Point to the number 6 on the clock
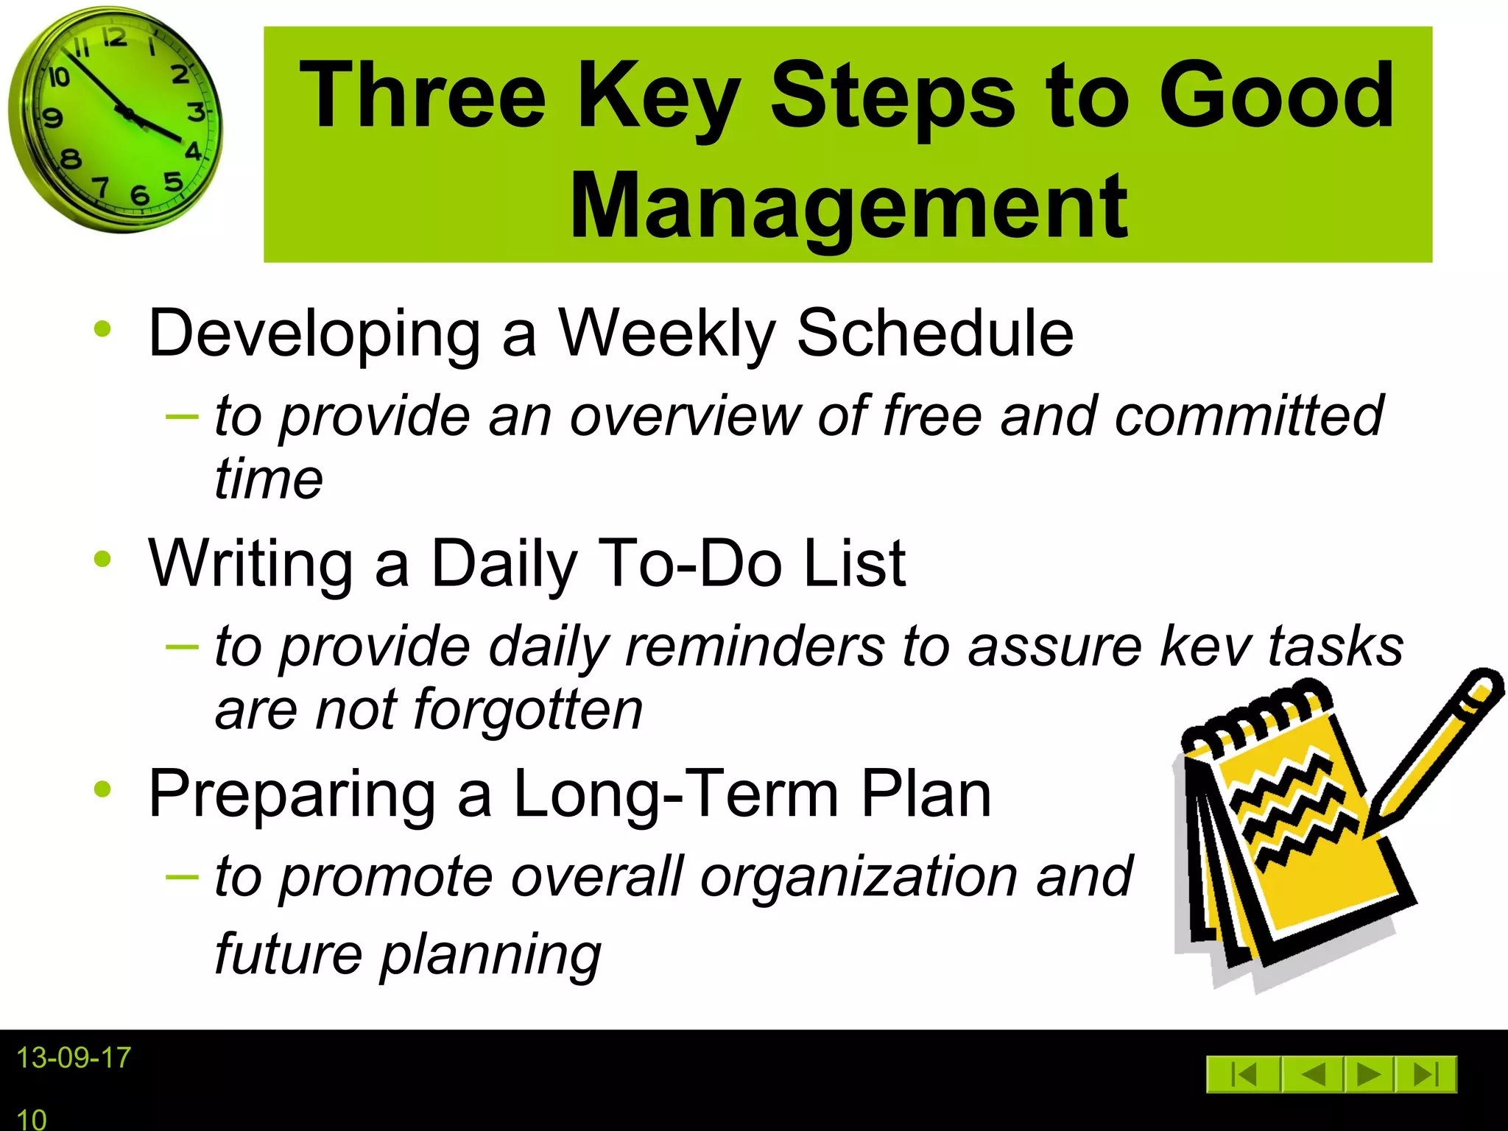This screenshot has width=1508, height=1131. pyautogui.click(x=139, y=195)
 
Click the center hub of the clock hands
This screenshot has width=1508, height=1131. pyautogui.click(x=127, y=113)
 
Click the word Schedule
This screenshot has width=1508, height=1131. pyautogui.click(x=935, y=334)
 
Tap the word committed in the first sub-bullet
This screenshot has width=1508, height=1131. pyautogui.click(x=1249, y=416)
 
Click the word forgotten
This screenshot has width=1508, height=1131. pyautogui.click(x=528, y=710)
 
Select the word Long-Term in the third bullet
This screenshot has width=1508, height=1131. pyautogui.click(x=676, y=794)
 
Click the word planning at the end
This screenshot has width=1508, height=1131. pyautogui.click(x=490, y=955)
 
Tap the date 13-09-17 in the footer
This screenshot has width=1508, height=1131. pyautogui.click(x=73, y=1058)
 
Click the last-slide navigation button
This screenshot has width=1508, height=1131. pyautogui.click(x=1426, y=1074)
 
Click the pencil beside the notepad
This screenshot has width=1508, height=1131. pyautogui.click(x=1436, y=751)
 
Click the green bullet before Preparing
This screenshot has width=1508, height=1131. pyautogui.click(x=102, y=789)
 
